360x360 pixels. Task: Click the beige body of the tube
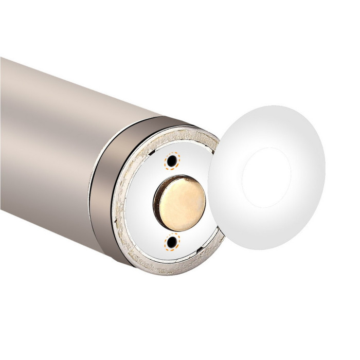51,144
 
